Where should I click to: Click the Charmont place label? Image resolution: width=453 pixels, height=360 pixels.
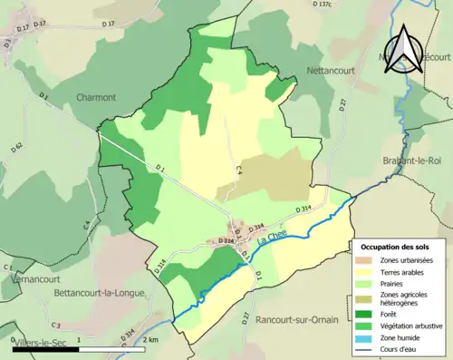(x=96, y=98)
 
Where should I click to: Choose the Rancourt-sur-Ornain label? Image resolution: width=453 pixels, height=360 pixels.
(x=294, y=319)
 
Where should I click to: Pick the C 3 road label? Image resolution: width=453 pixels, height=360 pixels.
(x=55, y=325)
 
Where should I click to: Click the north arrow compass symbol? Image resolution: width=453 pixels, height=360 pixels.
(x=405, y=46)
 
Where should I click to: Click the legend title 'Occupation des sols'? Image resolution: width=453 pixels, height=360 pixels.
(x=395, y=247)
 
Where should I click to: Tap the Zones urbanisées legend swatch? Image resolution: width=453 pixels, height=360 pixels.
(x=366, y=260)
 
